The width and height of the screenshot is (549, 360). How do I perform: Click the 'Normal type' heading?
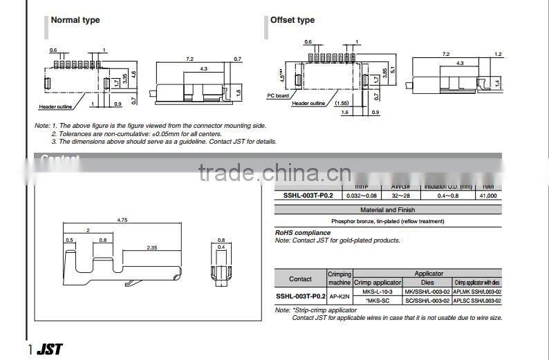pos(75,20)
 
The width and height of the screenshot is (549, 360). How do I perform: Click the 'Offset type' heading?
pos(292,20)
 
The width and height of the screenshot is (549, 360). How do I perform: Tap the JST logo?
pos(49,350)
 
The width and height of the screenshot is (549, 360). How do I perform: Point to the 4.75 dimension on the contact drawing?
pos(122,220)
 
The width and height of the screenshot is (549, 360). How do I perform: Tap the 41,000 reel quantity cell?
pos(487,196)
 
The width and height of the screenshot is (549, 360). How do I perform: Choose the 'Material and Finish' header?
pos(388,209)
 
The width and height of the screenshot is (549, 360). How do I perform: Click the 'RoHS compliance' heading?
pos(303,233)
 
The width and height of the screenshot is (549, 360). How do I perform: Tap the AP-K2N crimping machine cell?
pos(339,296)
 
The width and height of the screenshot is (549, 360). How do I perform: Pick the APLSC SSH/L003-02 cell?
pos(477,301)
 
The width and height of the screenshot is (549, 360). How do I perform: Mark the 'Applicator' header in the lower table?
pos(429,274)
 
